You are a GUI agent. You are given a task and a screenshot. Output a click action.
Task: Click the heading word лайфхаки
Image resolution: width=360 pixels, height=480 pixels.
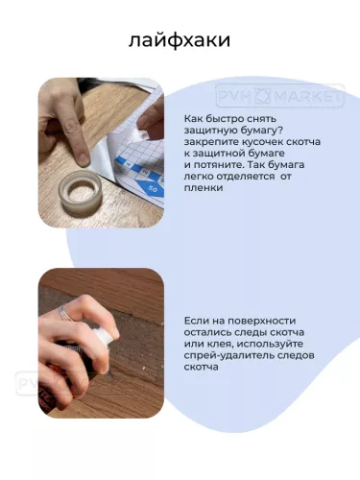[179, 42]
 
